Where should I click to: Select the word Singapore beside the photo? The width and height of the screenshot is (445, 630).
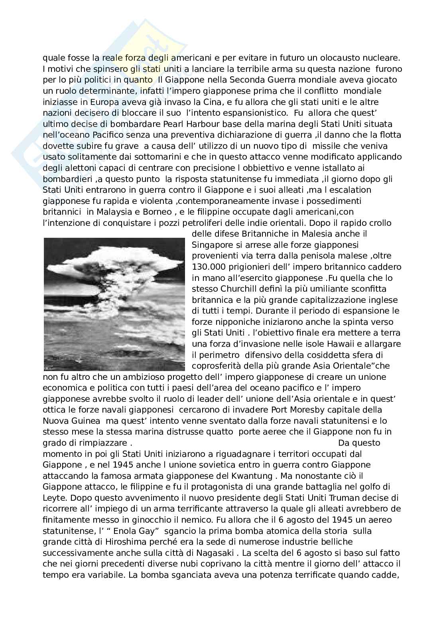215,245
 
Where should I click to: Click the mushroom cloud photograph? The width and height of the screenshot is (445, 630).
114,304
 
